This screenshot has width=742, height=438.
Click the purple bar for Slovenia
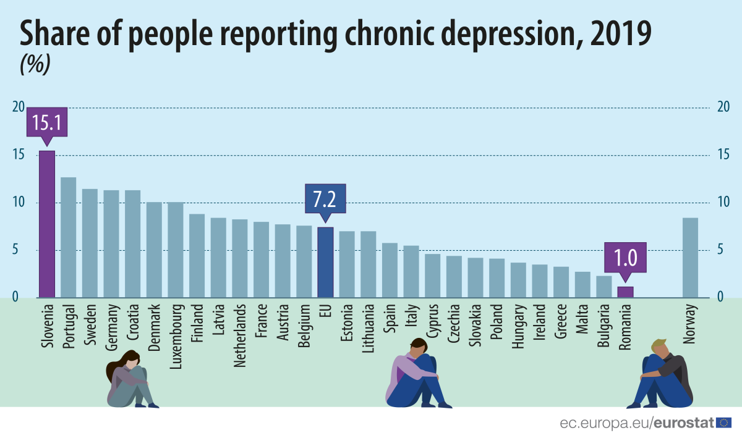47,224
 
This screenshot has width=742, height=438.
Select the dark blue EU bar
325,263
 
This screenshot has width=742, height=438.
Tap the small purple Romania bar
625,292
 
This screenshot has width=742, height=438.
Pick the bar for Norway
690,258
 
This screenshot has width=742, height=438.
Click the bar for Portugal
68,238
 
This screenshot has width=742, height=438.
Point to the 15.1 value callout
46,124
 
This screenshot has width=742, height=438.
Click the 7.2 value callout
325,200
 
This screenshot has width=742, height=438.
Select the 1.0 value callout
625,257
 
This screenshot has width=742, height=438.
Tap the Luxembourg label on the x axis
176,336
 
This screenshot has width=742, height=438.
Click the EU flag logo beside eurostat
724,423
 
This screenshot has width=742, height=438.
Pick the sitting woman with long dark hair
130,380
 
